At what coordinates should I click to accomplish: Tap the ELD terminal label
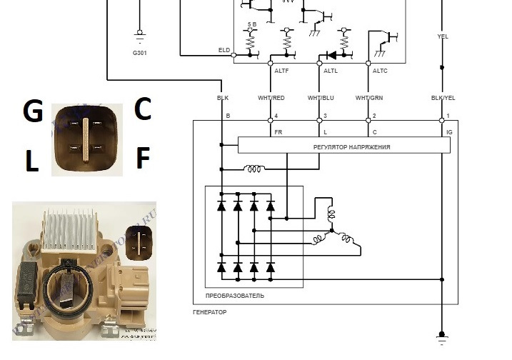pos(224,50)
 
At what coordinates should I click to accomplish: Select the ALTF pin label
pos(282,71)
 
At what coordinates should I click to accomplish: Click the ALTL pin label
pos(331,71)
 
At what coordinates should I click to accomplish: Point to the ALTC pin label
pos(380,71)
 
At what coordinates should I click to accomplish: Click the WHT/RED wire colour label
pos(271,97)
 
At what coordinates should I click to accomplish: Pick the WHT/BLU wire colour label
pos(320,97)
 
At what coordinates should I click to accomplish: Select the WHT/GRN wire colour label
pos(368,97)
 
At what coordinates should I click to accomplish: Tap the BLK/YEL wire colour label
pos(442,97)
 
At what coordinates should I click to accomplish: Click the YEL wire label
pos(442,36)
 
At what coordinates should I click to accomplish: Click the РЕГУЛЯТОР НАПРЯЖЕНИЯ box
pos(343,146)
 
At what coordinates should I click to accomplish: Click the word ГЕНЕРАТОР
pos(211,313)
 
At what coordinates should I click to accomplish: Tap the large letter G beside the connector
pos(34,112)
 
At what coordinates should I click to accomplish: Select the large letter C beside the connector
pos(143,110)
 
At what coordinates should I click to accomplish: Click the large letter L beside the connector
pos(32,162)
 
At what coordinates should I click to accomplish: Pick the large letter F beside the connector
pos(143,159)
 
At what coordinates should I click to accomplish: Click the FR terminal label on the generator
pos(278,132)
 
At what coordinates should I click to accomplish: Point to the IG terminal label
pos(448,132)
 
